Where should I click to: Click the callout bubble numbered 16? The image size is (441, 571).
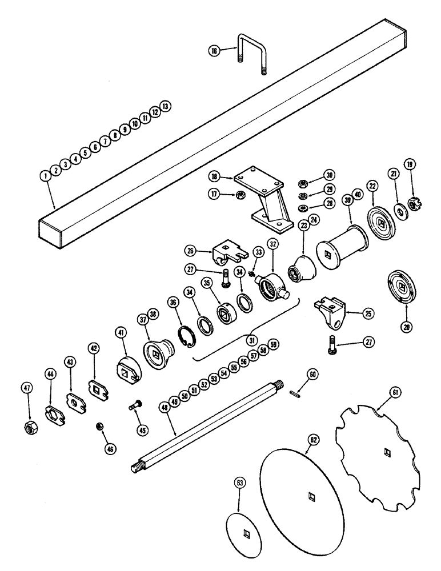click(x=214, y=51)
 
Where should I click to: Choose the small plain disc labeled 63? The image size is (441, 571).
click(x=245, y=534)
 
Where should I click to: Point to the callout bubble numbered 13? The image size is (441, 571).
click(x=165, y=106)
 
